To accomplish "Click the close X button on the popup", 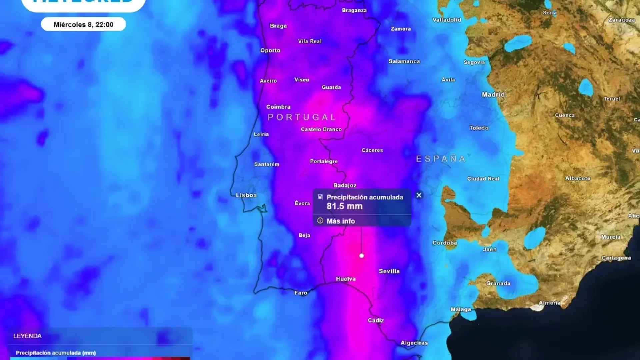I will click(x=419, y=195).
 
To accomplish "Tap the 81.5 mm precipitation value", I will click(x=344, y=206).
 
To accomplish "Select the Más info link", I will click(x=340, y=221).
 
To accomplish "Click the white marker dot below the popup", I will click(x=362, y=256).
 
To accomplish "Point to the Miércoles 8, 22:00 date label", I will click(x=83, y=24).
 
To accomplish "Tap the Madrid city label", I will click(x=493, y=95).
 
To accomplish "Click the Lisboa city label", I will click(x=246, y=195).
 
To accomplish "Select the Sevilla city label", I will click(x=389, y=271).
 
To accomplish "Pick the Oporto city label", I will click(x=270, y=51).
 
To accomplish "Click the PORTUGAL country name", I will click(x=302, y=117).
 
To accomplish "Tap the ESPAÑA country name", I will click(x=441, y=159).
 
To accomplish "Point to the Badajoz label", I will click(x=345, y=185).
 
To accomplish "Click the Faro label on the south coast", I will click(x=301, y=293).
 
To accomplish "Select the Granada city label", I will click(x=498, y=283).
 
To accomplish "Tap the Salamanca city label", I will click(x=404, y=61).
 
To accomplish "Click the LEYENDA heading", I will click(x=27, y=336).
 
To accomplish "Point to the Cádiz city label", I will click(x=376, y=320).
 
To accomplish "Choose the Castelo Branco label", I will click(x=321, y=129).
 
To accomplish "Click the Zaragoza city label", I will click(x=621, y=20).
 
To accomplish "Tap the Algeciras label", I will click(x=414, y=343).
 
